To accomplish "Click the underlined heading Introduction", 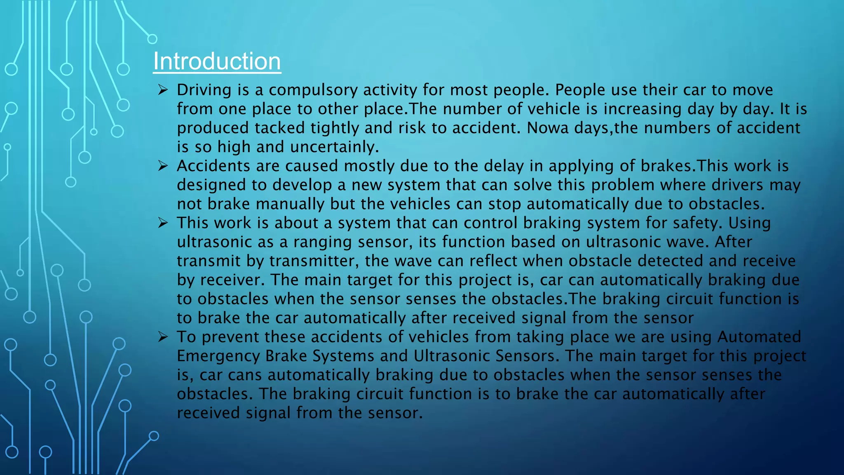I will coord(217,61).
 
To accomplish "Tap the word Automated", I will coord(759,337).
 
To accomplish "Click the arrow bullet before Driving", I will coord(163,90).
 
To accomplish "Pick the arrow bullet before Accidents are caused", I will coord(163,166).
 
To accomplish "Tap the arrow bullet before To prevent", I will coord(163,337).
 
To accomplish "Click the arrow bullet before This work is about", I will coord(163,223).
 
